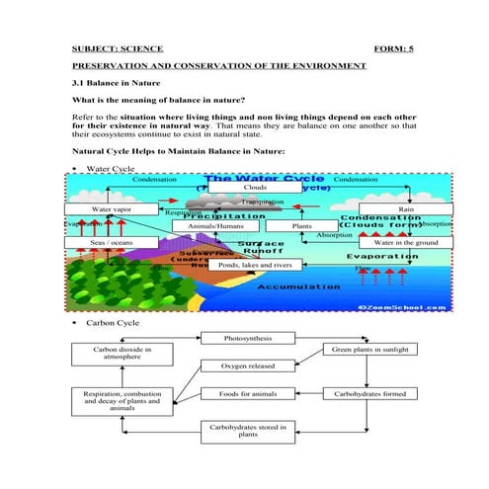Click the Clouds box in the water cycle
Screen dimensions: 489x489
point(255,186)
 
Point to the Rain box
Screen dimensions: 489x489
point(405,209)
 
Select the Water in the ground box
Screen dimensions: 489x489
point(405,242)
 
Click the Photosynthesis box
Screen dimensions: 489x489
point(249,339)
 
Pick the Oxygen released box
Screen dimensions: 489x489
point(249,366)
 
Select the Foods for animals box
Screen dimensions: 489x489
point(249,394)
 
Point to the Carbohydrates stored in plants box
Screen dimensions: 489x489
point(249,431)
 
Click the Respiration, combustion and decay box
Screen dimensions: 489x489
point(118,400)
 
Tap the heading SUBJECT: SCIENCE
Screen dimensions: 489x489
point(118,47)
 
